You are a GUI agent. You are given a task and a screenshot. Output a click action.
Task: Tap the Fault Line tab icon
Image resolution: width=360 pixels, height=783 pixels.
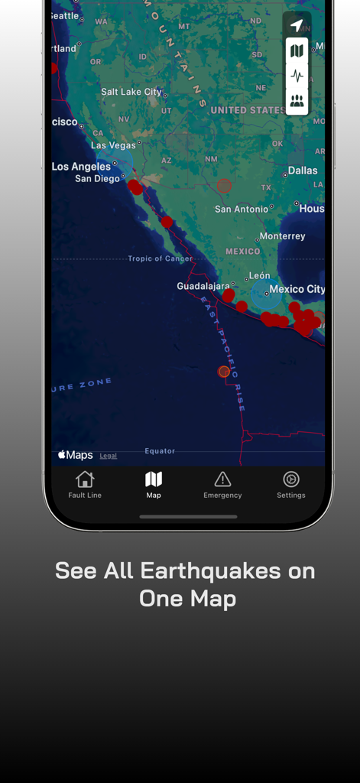[x=85, y=480]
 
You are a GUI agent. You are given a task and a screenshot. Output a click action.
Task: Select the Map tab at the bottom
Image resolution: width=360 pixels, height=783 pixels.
[x=154, y=480]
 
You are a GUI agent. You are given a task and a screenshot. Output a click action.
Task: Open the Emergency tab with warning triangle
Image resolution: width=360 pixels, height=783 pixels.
[x=222, y=480]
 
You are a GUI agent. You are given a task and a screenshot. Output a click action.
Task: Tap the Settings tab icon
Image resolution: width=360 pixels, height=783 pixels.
[x=291, y=480]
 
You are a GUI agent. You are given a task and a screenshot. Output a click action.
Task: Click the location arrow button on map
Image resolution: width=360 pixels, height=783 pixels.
[x=297, y=25]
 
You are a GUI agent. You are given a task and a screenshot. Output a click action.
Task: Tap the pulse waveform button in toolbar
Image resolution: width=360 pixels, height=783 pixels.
[x=297, y=76]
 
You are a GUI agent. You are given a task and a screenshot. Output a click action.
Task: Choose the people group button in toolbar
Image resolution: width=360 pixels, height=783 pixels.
[x=297, y=101]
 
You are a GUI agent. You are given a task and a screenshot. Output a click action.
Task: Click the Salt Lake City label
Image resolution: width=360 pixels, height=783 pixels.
[x=131, y=92]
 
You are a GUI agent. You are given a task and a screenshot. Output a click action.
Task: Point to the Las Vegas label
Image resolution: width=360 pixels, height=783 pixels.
[x=113, y=145]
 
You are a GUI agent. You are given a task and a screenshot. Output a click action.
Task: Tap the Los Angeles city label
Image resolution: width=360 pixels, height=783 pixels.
[x=81, y=167]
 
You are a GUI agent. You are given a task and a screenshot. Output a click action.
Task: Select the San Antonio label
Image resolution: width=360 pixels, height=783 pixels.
[x=242, y=209]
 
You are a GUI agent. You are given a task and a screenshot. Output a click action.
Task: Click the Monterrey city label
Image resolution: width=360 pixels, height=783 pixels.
[x=282, y=236]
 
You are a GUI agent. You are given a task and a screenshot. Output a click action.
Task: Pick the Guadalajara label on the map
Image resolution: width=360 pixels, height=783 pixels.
[x=198, y=286]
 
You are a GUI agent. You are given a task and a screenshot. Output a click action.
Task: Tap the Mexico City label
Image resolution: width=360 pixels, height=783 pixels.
[x=297, y=289]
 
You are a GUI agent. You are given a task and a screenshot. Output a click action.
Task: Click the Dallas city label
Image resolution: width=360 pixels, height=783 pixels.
[x=303, y=171]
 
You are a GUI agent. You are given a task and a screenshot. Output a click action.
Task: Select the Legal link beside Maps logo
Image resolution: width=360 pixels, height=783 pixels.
[x=109, y=456]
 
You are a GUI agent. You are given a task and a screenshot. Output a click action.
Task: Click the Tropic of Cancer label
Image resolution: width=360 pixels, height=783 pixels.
[x=161, y=258]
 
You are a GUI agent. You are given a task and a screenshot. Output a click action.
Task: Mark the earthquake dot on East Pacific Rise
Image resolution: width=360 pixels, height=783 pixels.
[x=224, y=372]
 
